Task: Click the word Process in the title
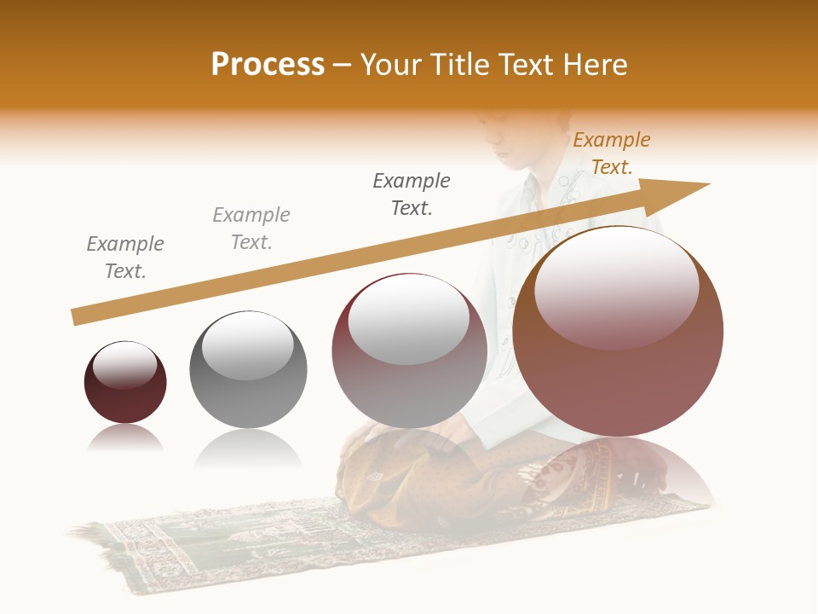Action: pyautogui.click(x=268, y=65)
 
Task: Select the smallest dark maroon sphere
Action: pyautogui.click(x=125, y=383)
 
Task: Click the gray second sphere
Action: pyautogui.click(x=248, y=370)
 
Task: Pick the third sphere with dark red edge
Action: pyautogui.click(x=409, y=350)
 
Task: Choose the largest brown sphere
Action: pyautogui.click(x=618, y=332)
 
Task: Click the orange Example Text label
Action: pyautogui.click(x=612, y=153)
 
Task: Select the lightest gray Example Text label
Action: pyautogui.click(x=251, y=229)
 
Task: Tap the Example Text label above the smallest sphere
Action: pyautogui.click(x=125, y=258)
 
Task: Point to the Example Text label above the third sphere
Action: pyautogui.click(x=412, y=194)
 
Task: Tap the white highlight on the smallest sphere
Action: pyautogui.click(x=125, y=365)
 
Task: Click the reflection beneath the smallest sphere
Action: pyautogui.click(x=125, y=438)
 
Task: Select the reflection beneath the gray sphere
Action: pyautogui.click(x=248, y=447)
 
